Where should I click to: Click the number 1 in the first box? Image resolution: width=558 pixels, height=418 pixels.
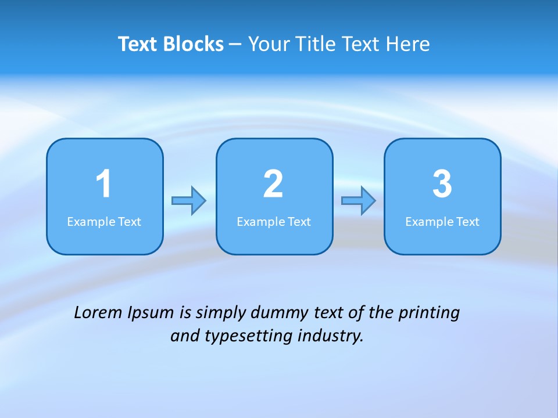pyautogui.click(x=103, y=184)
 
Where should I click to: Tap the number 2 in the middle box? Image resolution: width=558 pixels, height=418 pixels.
pyautogui.click(x=273, y=184)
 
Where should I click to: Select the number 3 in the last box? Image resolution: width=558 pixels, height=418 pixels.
pyautogui.click(x=442, y=184)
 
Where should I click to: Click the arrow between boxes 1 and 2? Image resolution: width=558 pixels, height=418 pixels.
pyautogui.click(x=189, y=201)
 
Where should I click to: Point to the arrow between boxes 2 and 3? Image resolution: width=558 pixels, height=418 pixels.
pyautogui.click(x=359, y=201)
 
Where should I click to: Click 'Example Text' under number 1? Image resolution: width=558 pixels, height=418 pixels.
pyautogui.click(x=104, y=222)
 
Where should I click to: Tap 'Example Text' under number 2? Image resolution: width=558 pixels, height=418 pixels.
pyautogui.click(x=274, y=222)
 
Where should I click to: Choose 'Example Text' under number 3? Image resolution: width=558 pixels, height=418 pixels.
pyautogui.click(x=442, y=222)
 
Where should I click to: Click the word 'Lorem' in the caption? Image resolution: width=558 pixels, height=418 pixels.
pyautogui.click(x=98, y=313)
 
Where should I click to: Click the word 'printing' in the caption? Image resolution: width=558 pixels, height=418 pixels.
pyautogui.click(x=429, y=313)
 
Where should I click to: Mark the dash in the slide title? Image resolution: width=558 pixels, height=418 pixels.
pyautogui.click(x=235, y=44)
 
